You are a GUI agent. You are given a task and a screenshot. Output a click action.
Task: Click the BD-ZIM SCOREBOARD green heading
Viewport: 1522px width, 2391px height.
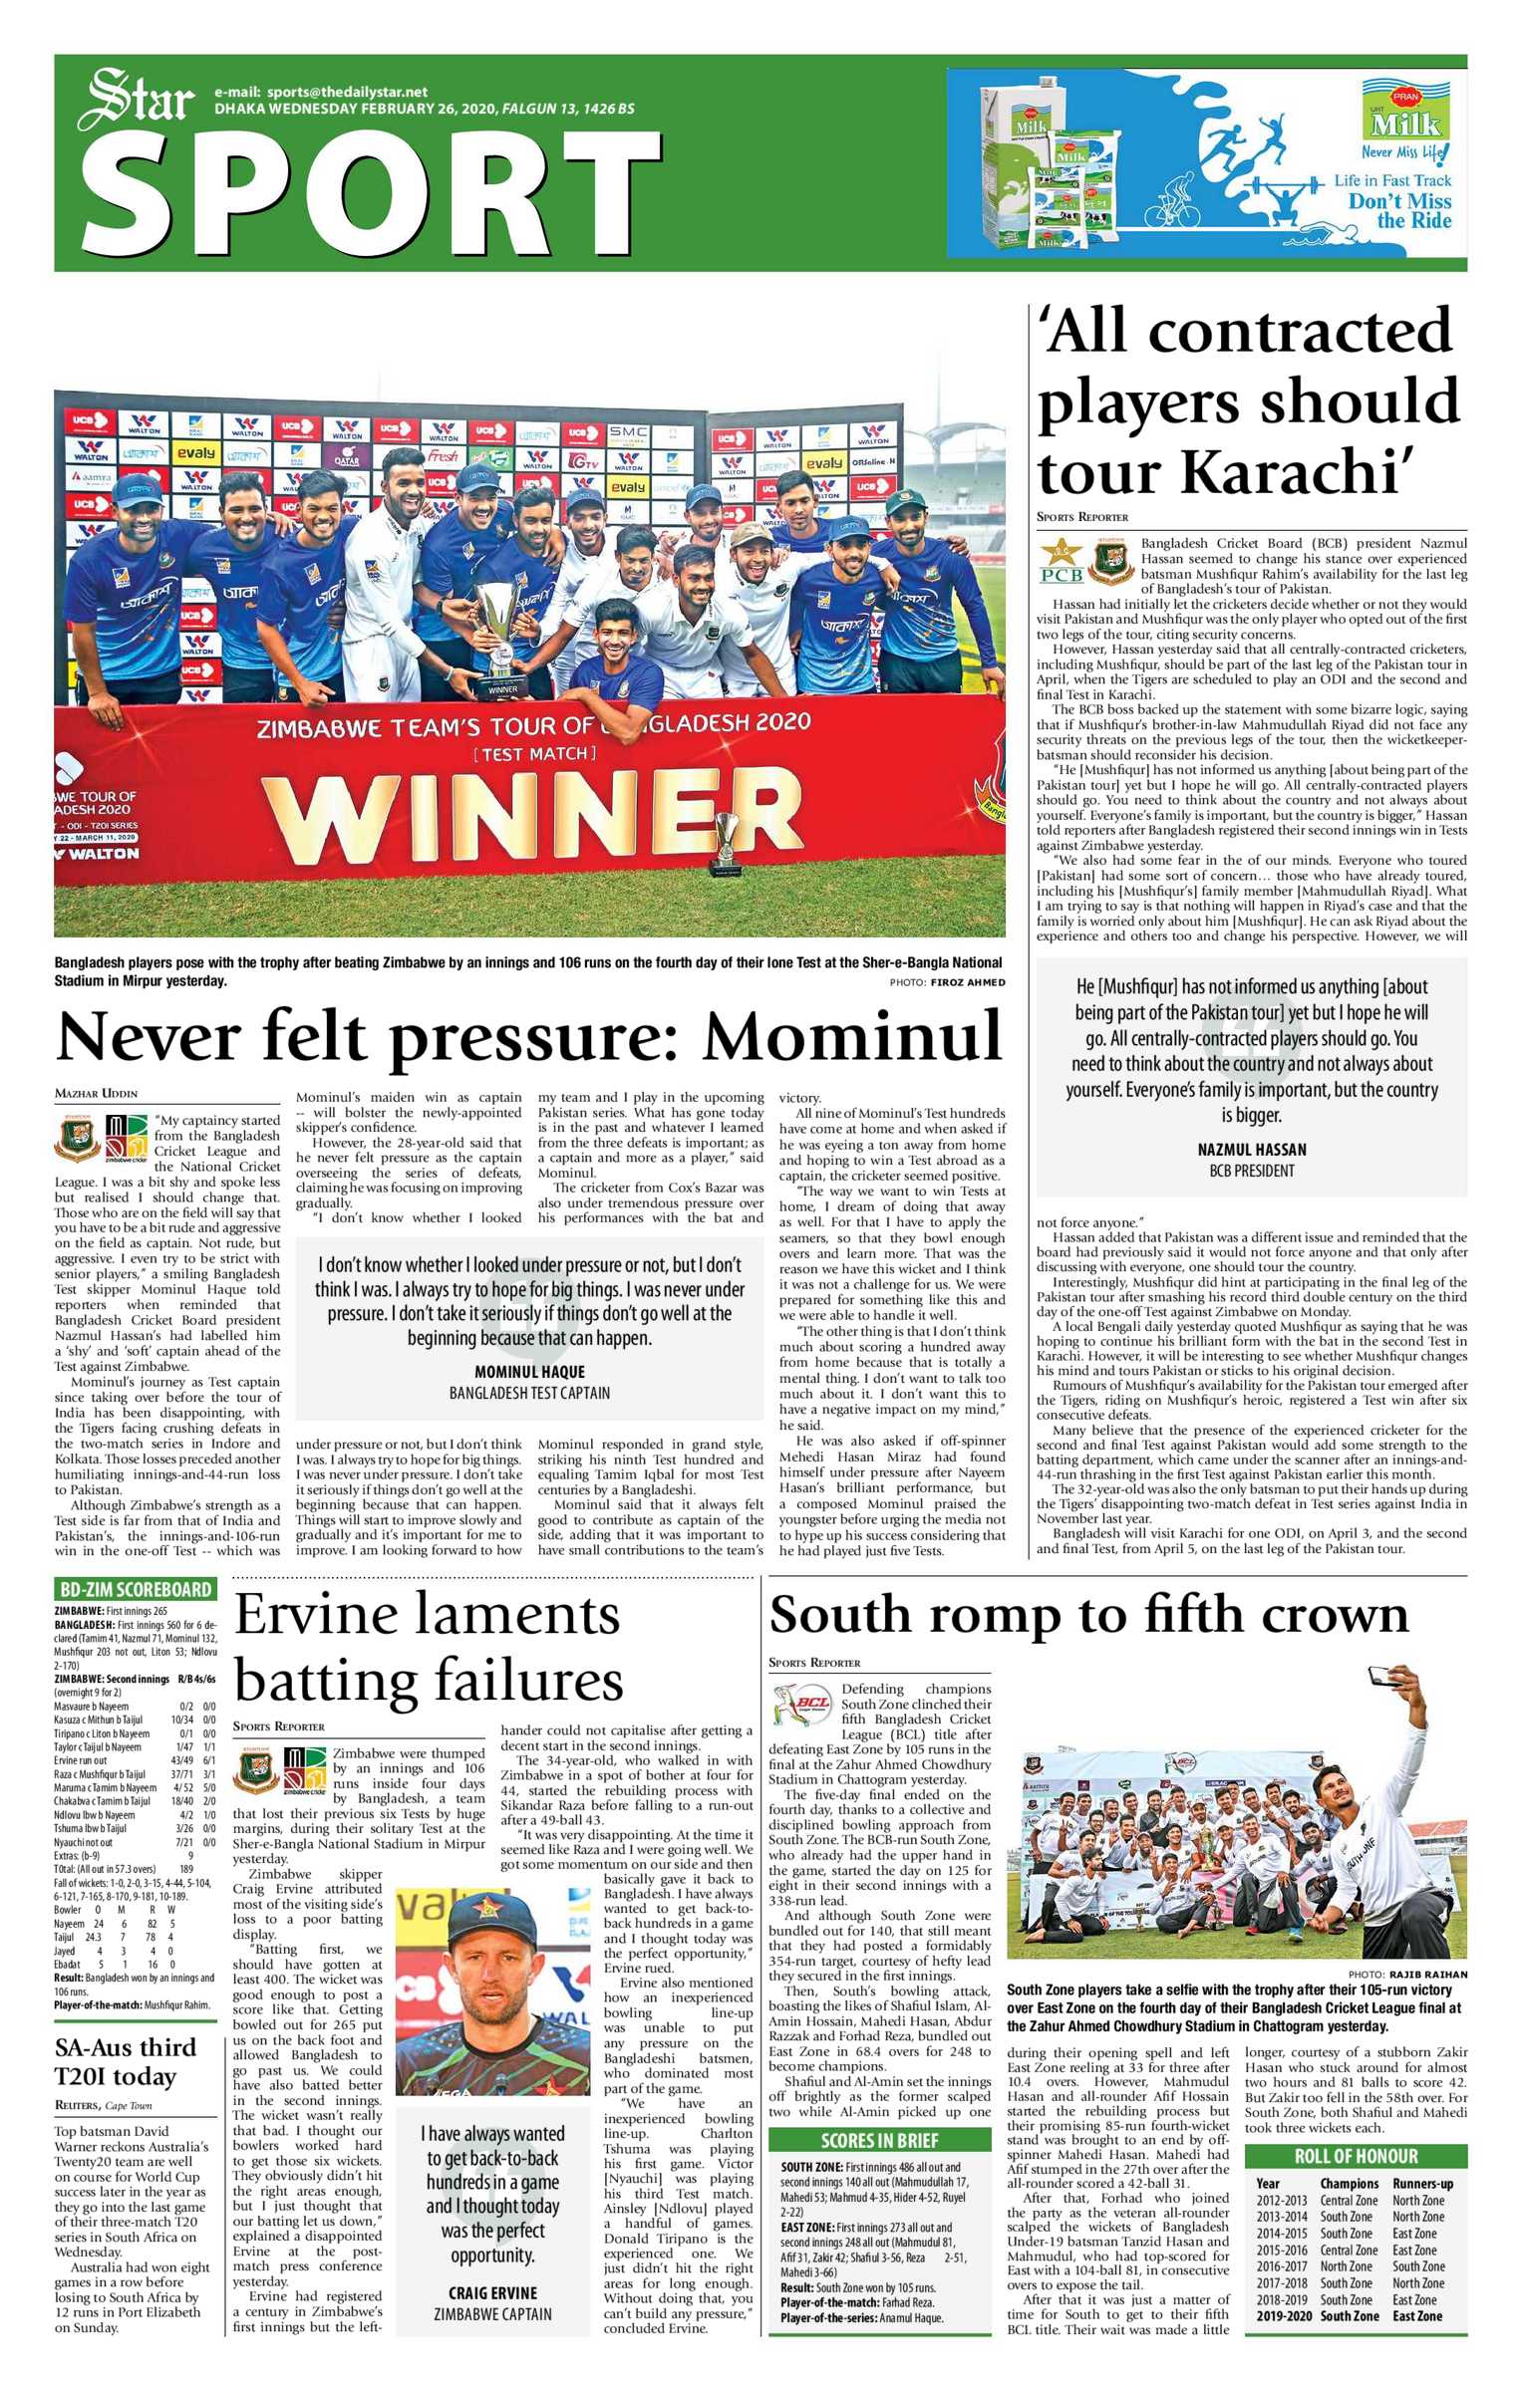click(x=136, y=1590)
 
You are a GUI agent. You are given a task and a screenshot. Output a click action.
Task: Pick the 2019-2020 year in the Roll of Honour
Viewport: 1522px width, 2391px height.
click(x=1284, y=2316)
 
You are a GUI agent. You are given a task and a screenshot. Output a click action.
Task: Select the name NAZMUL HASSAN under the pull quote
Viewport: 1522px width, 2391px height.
click(x=1252, y=1149)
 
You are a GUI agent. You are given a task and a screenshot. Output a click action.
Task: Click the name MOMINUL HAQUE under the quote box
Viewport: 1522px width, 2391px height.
click(x=529, y=1371)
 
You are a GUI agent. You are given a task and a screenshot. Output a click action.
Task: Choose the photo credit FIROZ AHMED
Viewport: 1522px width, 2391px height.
click(x=967, y=982)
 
